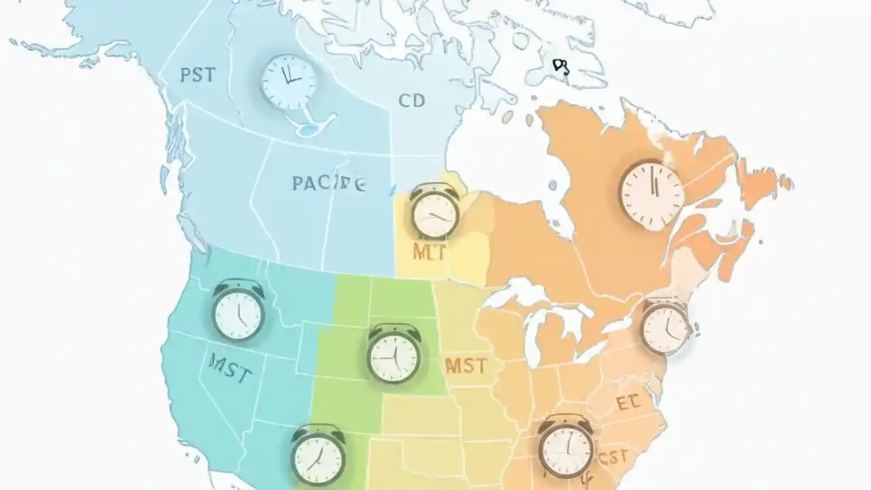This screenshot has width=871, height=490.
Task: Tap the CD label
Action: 412,101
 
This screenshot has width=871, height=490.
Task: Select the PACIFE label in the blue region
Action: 329,183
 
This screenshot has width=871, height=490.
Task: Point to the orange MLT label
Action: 429,253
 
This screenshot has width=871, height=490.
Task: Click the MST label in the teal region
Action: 231,373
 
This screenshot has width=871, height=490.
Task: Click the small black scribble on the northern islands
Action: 561,66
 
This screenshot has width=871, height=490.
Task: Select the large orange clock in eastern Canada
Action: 652,194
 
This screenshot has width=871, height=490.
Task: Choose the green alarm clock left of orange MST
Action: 393,354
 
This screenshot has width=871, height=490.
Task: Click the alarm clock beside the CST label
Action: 565,446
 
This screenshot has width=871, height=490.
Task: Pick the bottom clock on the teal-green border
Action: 318,455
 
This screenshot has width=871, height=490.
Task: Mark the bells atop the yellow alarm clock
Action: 434,189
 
